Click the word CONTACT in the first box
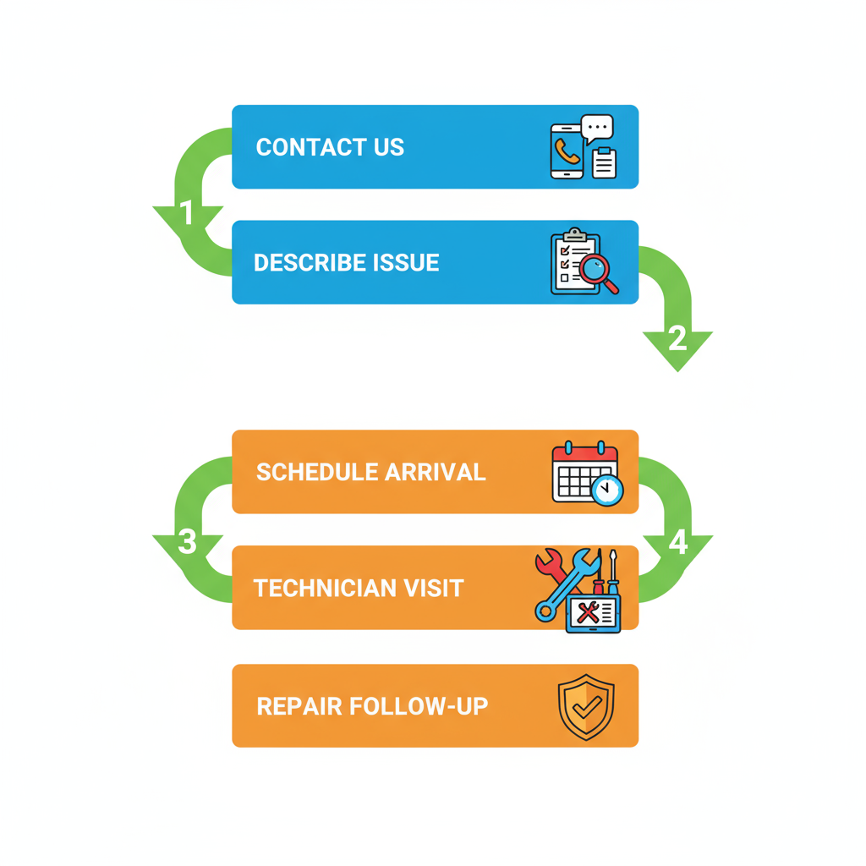tap(301, 147)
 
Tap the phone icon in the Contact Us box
tap(567, 152)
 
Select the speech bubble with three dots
tap(598, 129)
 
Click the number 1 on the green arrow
tap(188, 214)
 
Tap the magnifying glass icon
tap(597, 272)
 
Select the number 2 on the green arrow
tap(677, 339)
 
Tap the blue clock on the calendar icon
tap(606, 489)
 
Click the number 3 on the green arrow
tap(188, 542)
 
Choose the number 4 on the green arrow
tap(677, 542)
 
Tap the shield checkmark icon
tap(586, 707)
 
